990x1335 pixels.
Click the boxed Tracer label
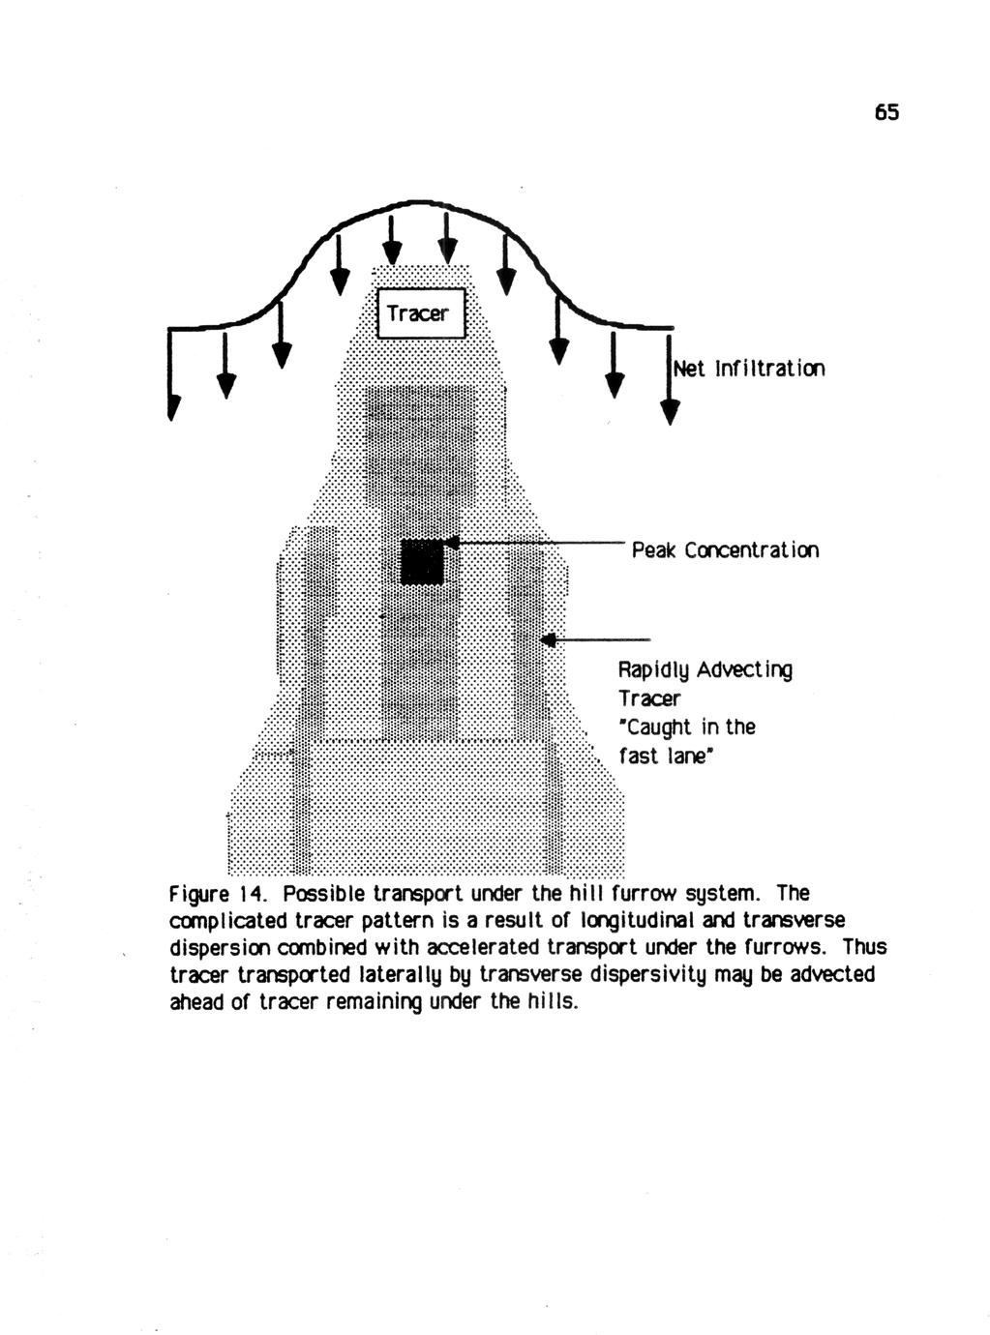pyautogui.click(x=418, y=313)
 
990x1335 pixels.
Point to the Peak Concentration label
pyautogui.click(x=725, y=550)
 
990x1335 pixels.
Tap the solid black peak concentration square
pyautogui.click(x=422, y=562)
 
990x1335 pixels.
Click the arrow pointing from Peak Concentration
pyautogui.click(x=542, y=546)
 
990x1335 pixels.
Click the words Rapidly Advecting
pyautogui.click(x=705, y=669)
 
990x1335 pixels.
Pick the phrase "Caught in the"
pyautogui.click(x=687, y=727)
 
